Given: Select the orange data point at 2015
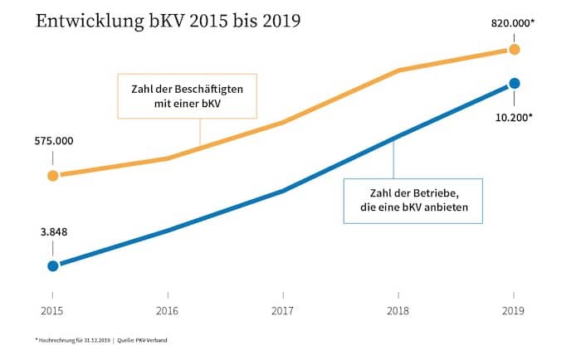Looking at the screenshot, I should (53, 176).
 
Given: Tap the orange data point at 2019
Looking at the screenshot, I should (514, 50).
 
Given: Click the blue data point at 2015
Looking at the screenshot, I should (53, 265).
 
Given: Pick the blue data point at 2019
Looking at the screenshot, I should (514, 83).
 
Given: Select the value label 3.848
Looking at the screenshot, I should (52, 233).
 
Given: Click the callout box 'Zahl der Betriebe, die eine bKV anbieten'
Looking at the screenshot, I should (413, 201).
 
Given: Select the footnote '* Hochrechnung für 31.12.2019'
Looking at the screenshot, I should (71, 340).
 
